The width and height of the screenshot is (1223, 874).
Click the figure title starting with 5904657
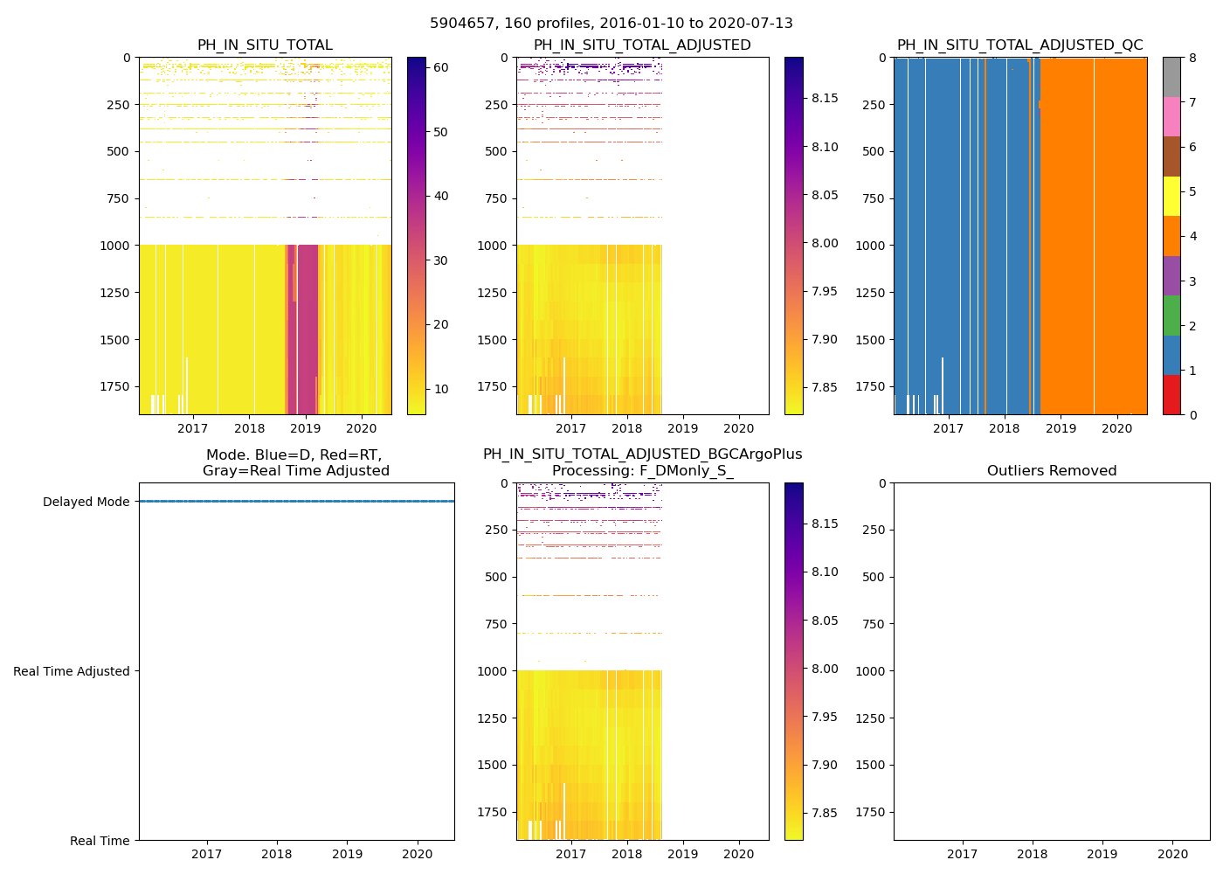pyautogui.click(x=611, y=24)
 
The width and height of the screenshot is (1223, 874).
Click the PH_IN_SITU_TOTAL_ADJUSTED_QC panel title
pyautogui.click(x=1019, y=45)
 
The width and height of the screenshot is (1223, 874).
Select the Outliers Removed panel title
pyautogui.click(x=1052, y=471)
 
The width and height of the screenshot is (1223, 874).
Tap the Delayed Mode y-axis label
pyautogui.click(x=86, y=502)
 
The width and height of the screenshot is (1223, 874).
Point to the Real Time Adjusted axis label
pyautogui.click(x=71, y=671)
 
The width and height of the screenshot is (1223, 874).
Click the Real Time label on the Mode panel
pyautogui.click(x=100, y=841)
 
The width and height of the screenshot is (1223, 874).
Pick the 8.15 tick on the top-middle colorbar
pyautogui.click(x=824, y=98)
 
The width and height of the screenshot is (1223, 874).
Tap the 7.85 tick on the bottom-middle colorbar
pyautogui.click(x=824, y=813)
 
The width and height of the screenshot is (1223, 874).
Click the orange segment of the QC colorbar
pyautogui.click(x=1171, y=236)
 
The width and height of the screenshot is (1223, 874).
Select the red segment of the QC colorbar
pyautogui.click(x=1171, y=395)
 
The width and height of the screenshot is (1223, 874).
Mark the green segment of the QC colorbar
pyautogui.click(x=1171, y=316)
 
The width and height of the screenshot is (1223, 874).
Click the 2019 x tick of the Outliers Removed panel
pyautogui.click(x=1102, y=854)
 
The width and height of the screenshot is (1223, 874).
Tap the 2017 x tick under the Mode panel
pyautogui.click(x=207, y=854)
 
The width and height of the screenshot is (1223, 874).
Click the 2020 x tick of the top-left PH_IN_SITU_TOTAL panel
pyautogui.click(x=362, y=428)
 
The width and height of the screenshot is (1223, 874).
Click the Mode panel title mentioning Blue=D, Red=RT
pyautogui.click(x=296, y=463)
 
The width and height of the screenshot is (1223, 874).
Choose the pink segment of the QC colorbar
pyautogui.click(x=1171, y=116)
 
